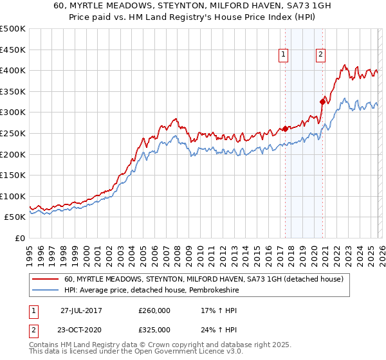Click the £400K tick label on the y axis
click(x=13, y=70)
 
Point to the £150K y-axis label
click(x=13, y=175)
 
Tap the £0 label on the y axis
click(x=21, y=239)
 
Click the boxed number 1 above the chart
click(x=284, y=55)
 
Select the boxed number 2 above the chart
click(x=320, y=55)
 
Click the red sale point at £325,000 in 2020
click(x=322, y=102)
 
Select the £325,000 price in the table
click(x=154, y=329)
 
